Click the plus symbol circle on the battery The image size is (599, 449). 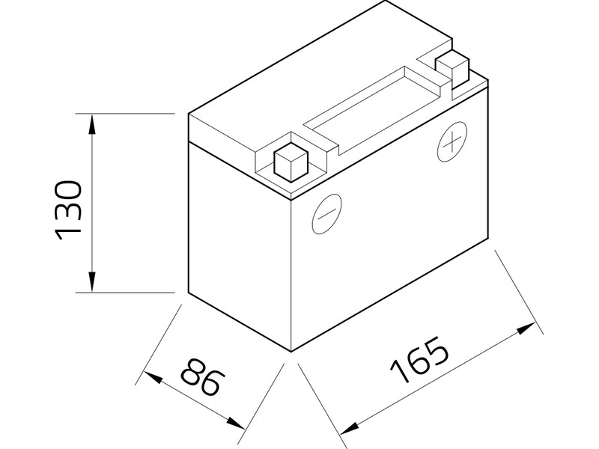point(451,143)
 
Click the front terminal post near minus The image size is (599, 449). point(291,161)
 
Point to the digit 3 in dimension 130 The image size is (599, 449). point(68,210)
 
